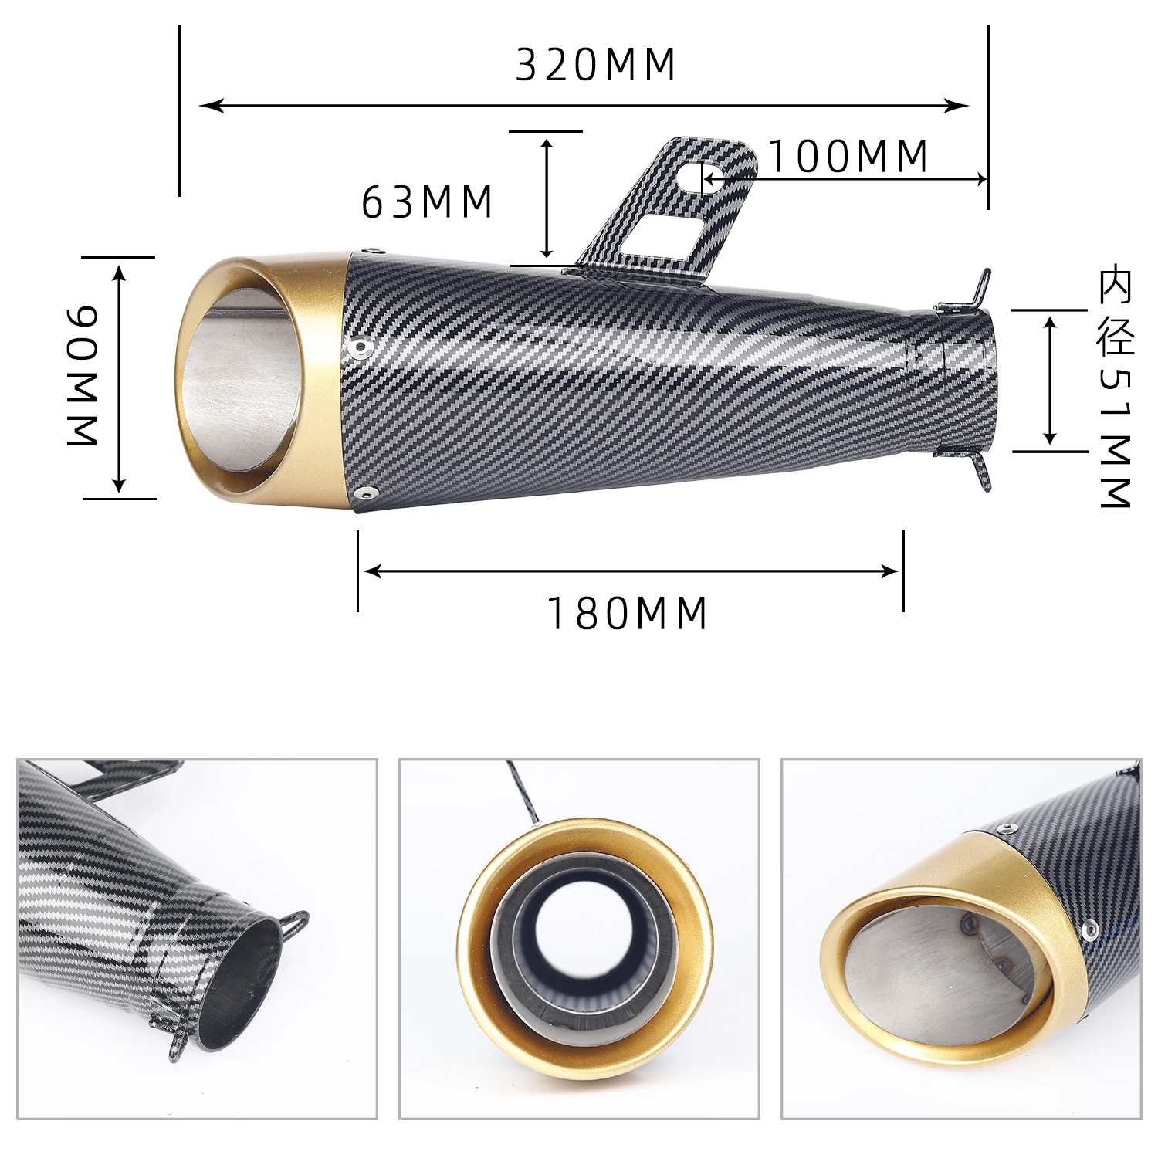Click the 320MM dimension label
[595, 64]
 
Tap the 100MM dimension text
[848, 157]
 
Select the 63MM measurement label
[428, 202]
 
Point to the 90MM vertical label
[83, 375]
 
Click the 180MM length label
[627, 614]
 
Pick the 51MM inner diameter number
[1116, 437]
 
